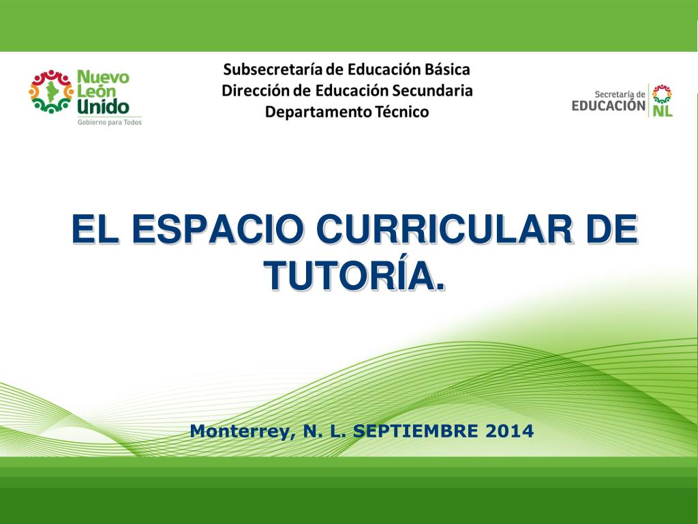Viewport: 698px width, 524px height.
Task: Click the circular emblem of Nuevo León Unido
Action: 51,91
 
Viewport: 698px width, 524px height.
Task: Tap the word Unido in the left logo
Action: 103,106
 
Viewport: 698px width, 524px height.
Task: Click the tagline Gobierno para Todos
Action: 110,122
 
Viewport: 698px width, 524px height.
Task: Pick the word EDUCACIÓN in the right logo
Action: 609,106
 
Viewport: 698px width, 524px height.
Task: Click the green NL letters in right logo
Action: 663,111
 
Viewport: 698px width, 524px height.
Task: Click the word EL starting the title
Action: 95,229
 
